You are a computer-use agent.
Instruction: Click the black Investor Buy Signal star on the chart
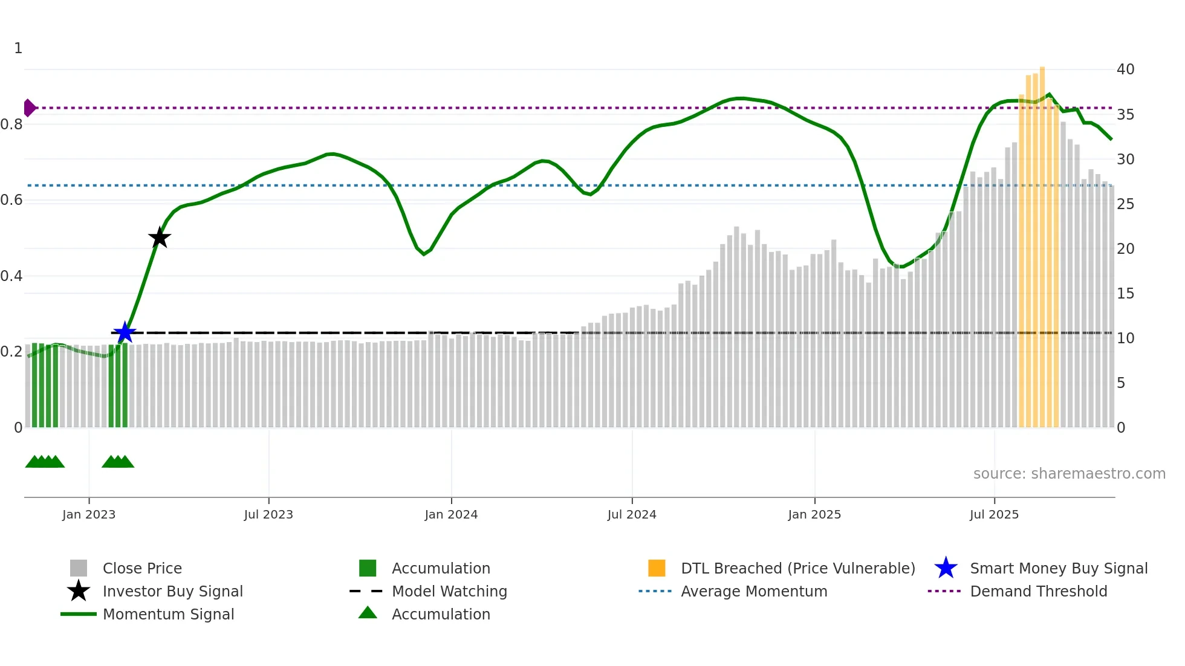160,238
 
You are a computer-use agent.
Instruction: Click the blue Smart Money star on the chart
125,332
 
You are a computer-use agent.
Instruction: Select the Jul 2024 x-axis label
632,514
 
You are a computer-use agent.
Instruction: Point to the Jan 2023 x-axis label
89,514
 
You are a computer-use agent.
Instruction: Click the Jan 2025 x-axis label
814,514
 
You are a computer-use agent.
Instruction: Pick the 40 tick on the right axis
1125,70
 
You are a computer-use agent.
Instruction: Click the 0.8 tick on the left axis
12,124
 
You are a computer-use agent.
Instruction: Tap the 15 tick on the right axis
1125,294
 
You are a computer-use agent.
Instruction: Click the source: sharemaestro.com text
1069,474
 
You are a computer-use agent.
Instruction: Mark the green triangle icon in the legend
368,613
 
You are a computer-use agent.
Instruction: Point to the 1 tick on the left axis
18,48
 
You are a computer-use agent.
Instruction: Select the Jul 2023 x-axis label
268,514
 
